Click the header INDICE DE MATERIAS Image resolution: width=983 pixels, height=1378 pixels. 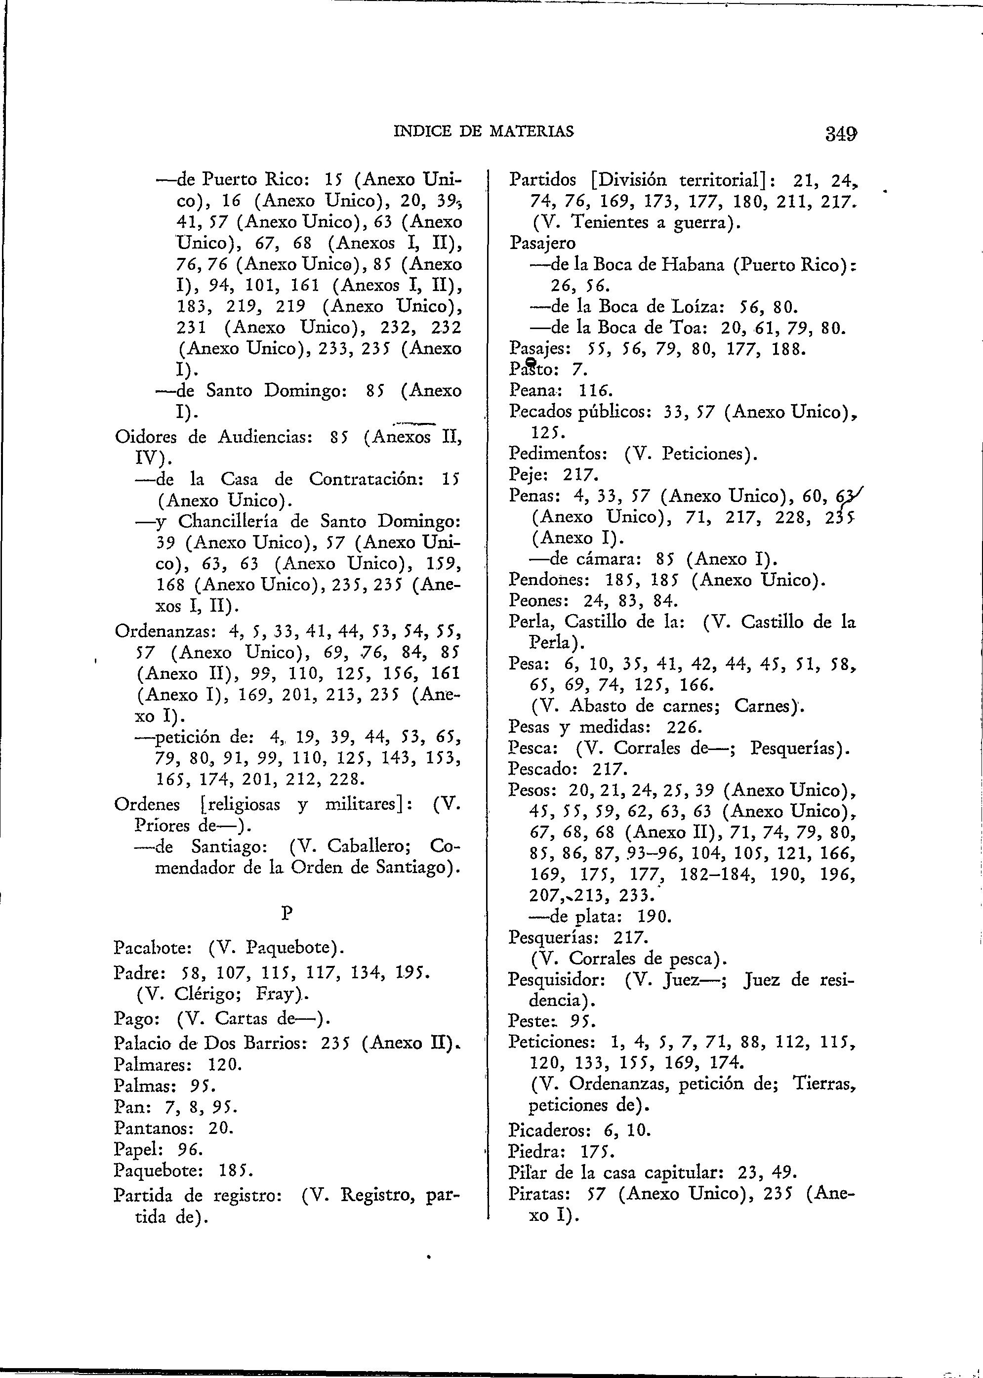pyautogui.click(x=483, y=131)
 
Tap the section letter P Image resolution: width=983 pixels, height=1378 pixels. pyautogui.click(x=287, y=914)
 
